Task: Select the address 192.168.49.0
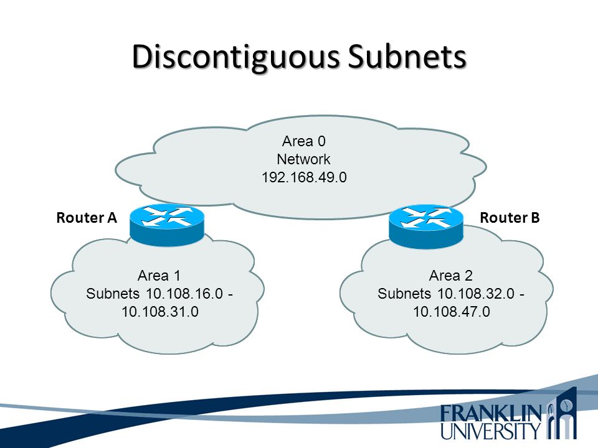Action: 304,177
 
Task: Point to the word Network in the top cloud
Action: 304,159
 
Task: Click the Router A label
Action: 87,218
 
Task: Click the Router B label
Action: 510,218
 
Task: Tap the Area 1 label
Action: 159,274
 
